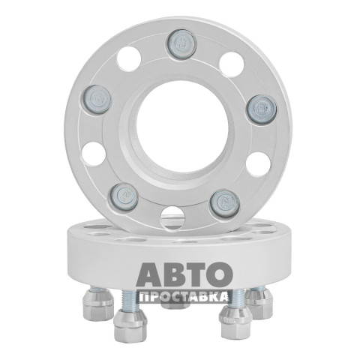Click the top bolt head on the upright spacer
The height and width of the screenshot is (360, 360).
click(181, 44)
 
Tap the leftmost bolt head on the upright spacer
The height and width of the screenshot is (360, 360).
click(95, 100)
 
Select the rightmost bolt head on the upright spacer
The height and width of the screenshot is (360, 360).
click(262, 109)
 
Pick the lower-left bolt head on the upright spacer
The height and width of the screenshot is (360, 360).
click(124, 197)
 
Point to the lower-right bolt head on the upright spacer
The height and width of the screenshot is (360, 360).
click(224, 203)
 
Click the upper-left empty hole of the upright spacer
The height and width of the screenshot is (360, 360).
click(129, 59)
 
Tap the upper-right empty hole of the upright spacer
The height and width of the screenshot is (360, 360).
click(232, 64)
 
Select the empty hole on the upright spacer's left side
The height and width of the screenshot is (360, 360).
click(94, 154)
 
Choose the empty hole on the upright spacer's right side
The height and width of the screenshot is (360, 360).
click(258, 164)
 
